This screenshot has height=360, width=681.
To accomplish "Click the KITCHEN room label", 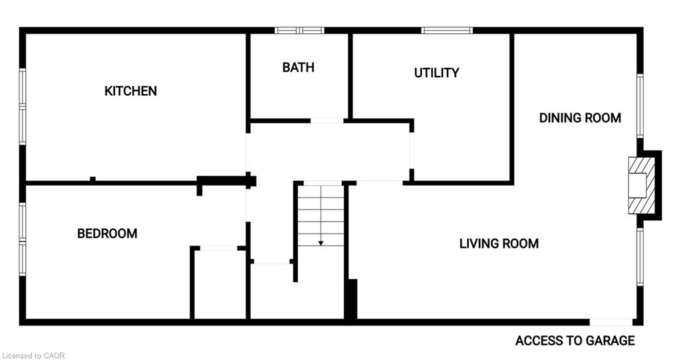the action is coord(130,91).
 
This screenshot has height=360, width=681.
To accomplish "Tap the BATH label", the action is coord(298,67).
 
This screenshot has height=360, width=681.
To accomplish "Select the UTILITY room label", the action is coord(436,73).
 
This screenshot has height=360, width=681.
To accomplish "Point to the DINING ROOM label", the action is coord(580,118).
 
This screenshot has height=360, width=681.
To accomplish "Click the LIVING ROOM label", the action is coord(499,244).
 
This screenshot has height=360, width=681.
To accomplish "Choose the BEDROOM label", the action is coord(107,234).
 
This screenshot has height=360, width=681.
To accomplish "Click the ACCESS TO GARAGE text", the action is coord(575,341).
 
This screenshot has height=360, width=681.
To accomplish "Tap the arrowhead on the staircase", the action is coord(321,243).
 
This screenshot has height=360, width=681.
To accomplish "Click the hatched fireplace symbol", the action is coord(642,186).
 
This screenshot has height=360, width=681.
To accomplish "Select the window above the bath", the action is coord(299,31).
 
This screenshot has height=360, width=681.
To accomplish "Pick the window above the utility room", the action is coord(447,31).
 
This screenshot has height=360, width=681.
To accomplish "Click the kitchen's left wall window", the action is coord(22,106).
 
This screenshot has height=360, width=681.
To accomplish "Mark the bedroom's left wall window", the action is coord(22,239).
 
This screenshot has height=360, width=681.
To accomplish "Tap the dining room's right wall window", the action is coord(640,106).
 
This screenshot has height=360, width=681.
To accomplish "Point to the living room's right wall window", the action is coord(640,257).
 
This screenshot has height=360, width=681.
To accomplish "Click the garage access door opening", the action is coord(611,322).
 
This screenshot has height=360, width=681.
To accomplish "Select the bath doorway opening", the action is coord(327,121).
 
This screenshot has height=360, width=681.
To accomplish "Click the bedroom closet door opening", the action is coord(218,248).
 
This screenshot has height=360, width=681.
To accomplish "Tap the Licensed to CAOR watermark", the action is coord(33,355).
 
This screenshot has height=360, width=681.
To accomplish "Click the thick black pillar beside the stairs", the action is coord(351,300).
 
